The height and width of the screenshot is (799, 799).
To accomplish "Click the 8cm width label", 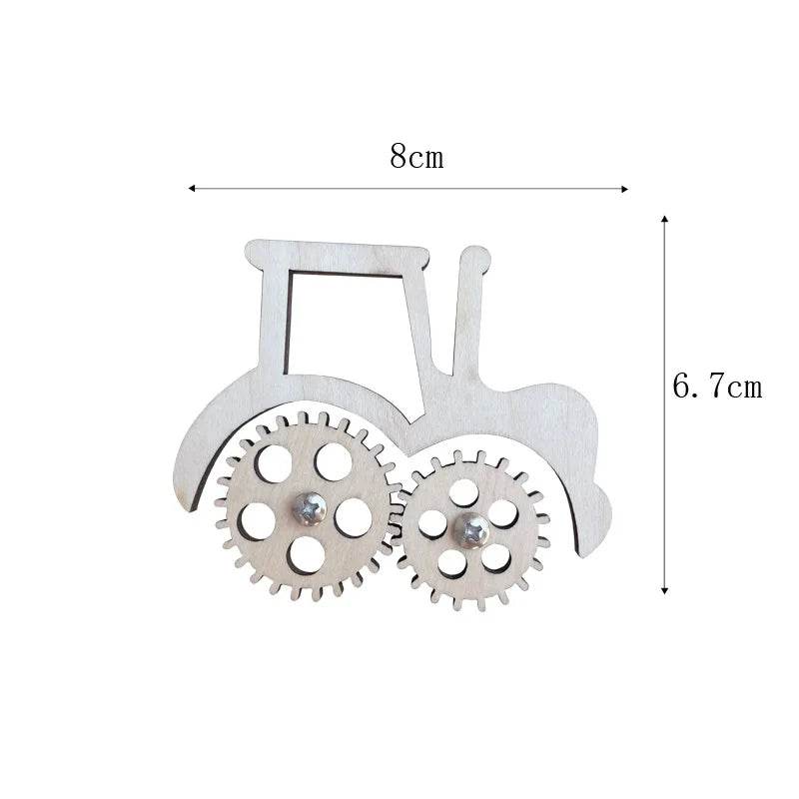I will (416, 157).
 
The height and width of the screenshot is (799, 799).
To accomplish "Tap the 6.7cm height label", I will (716, 387).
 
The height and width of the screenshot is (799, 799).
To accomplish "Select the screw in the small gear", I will (468, 529).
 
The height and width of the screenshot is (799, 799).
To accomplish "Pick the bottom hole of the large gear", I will (306, 555).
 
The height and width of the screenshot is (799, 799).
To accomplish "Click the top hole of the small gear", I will (462, 491).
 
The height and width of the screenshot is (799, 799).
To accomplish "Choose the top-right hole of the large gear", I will (334, 460).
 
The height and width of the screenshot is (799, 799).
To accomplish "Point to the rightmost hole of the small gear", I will (504, 514).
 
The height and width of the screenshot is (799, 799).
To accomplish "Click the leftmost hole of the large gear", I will (258, 519).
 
